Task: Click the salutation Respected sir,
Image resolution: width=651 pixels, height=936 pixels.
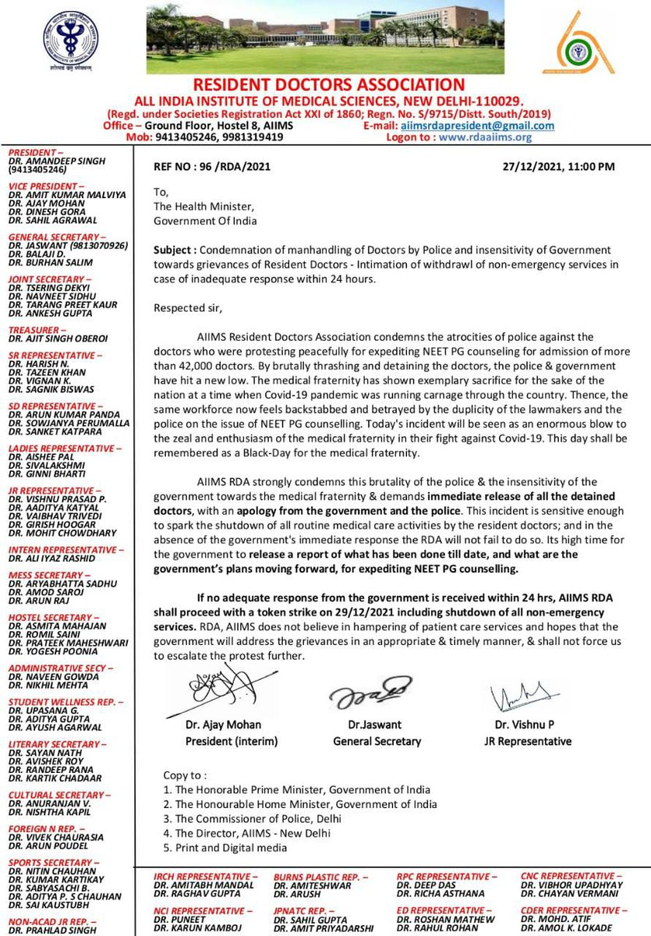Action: tap(188, 307)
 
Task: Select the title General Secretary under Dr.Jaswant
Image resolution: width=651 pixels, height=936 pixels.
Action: tap(377, 741)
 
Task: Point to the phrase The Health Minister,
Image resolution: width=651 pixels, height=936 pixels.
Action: tap(203, 206)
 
